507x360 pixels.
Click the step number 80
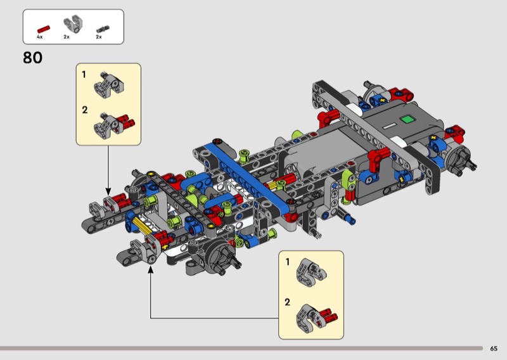33,58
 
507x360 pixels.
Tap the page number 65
494,349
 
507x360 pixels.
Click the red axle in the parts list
44,29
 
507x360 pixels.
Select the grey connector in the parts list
73,24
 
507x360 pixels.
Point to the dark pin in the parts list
103,29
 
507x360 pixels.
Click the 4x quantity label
40,37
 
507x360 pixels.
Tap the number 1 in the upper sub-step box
84,75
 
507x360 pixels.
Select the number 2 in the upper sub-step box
85,110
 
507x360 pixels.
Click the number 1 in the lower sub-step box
288,262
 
